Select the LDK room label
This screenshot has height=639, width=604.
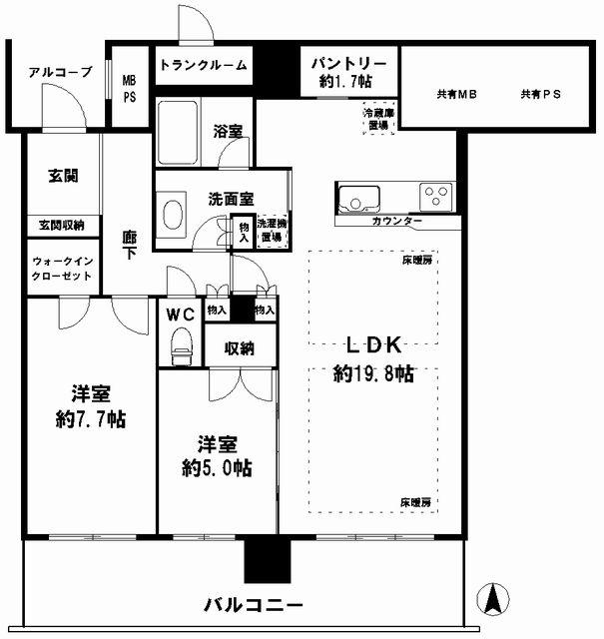pyautogui.click(x=373, y=345)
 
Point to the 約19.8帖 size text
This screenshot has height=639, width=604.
pyautogui.click(x=373, y=375)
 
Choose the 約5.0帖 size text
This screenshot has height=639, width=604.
pyautogui.click(x=216, y=468)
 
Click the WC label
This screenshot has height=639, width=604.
pyautogui.click(x=180, y=315)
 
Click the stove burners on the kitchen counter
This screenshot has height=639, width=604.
pyautogui.click(x=436, y=194)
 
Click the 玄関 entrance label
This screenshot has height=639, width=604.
pyautogui.click(x=62, y=175)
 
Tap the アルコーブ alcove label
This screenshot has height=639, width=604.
pyautogui.click(x=60, y=72)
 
